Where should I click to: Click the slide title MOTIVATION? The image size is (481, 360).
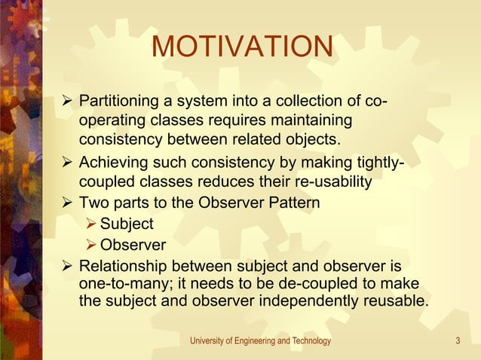[x=242, y=47]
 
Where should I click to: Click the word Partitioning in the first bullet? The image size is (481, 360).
[x=117, y=101]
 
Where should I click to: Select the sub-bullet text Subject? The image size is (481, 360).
[x=127, y=224]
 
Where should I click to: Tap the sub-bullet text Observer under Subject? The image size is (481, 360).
[x=133, y=245]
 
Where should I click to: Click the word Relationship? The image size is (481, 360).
[x=124, y=266]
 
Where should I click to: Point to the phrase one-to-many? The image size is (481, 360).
[x=119, y=283]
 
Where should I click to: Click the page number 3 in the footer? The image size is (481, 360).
[x=458, y=341]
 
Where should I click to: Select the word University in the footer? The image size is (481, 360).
[x=207, y=341]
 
